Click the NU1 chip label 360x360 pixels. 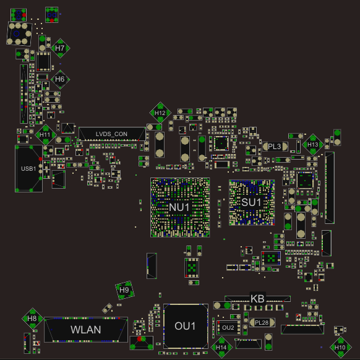coord(179,207)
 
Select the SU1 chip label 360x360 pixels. coord(251,202)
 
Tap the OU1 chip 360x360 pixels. coord(186,326)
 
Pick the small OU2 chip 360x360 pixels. coord(228,328)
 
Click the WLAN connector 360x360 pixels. coord(86,330)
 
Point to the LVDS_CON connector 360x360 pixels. coord(112,134)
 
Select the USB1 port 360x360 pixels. coord(28,168)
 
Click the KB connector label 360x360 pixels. coord(257,299)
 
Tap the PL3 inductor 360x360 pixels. coord(275,147)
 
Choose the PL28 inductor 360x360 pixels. coord(262,322)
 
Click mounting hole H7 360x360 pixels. coord(60,48)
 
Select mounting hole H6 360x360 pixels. coord(60,79)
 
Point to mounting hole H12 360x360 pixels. coord(160,113)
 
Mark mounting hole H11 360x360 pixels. coord(45,135)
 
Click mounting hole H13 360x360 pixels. coord(313,145)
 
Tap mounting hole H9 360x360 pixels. coord(125,290)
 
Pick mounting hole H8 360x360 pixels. coord(32,319)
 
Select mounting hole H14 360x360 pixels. coord(221,348)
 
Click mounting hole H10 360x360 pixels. coord(340,348)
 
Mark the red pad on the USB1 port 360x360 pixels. coord(40,159)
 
